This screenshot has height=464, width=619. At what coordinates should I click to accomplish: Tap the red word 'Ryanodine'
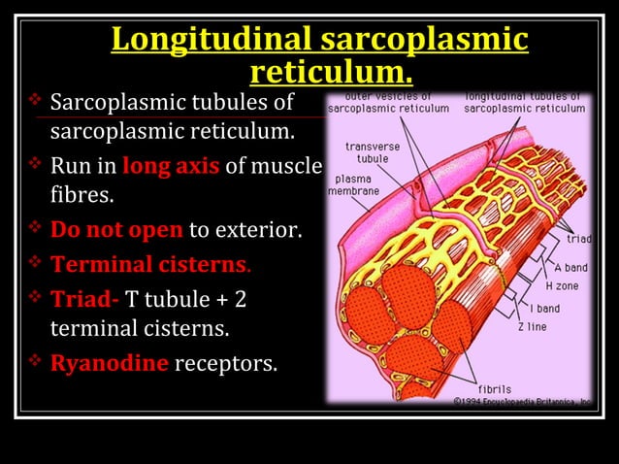[110, 364]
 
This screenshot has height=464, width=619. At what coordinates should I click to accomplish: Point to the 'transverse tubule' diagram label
[366, 152]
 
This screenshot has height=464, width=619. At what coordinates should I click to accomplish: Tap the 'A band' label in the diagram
[570, 267]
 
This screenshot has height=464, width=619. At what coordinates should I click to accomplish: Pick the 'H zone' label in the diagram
[564, 286]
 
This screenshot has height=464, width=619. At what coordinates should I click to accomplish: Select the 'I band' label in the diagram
[547, 308]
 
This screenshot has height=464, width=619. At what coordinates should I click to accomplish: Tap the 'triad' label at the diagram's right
[578, 238]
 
